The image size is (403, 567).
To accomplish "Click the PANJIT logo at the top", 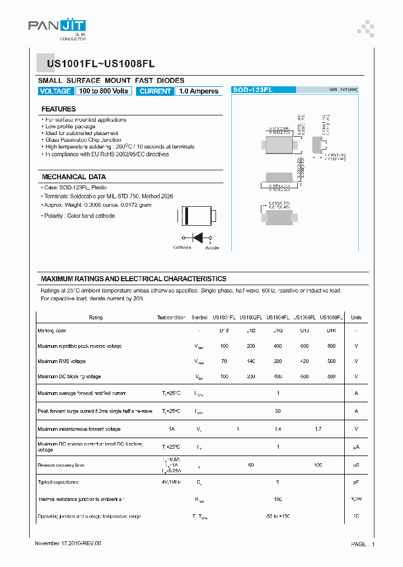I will (57, 27).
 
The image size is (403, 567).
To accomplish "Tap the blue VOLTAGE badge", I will (55, 91).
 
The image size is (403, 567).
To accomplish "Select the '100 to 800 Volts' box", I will (104, 91).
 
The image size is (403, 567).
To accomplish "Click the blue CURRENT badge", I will (155, 91).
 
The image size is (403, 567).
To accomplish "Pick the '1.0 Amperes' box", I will (199, 91).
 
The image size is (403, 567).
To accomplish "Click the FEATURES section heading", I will (59, 109).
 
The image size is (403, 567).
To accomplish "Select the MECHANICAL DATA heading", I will (74, 177).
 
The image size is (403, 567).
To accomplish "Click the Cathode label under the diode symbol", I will (182, 248).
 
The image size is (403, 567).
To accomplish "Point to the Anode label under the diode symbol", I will (212, 248).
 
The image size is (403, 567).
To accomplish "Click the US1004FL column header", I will (278, 318).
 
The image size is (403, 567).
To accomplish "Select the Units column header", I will (356, 318).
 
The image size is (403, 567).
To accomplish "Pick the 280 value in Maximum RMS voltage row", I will (278, 361).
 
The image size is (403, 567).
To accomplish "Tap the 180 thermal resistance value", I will (278, 499).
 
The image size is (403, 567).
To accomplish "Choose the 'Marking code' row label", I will (51, 331).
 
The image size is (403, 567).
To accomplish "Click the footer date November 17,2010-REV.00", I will (68, 543).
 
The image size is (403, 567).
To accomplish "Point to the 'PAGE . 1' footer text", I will (363, 544).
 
